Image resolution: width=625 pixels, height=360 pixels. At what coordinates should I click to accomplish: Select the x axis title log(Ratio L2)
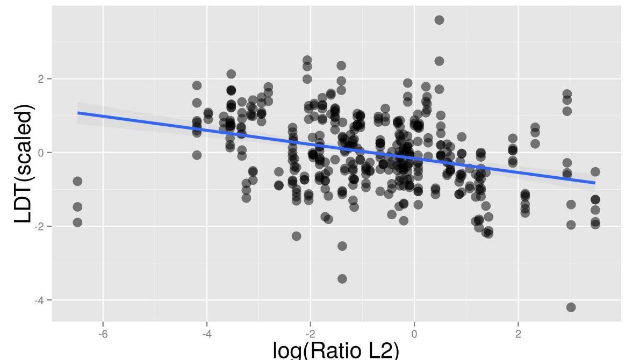(x=336, y=350)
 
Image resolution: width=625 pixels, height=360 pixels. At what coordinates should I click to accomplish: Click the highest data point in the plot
(x=439, y=20)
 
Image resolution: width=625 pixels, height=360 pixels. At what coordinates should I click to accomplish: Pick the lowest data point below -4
(x=571, y=307)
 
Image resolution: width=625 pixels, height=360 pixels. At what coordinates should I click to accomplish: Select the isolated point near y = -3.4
(x=342, y=278)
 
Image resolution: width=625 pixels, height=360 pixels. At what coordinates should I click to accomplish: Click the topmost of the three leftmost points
(x=77, y=181)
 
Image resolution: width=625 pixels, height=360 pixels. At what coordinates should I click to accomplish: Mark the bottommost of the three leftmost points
(x=77, y=222)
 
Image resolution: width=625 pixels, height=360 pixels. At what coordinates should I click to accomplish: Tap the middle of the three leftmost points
(x=77, y=207)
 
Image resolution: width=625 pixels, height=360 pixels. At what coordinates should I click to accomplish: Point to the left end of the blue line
(x=78, y=113)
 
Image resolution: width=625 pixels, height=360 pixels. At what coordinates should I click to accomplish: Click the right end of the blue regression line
(x=595, y=183)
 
